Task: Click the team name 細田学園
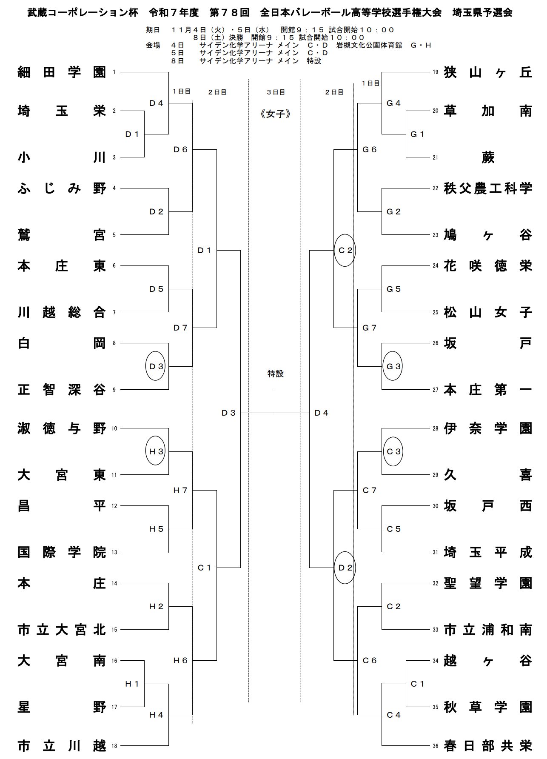(x=62, y=72)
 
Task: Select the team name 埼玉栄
(x=62, y=111)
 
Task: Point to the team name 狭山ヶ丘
(x=488, y=72)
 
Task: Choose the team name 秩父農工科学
(x=488, y=188)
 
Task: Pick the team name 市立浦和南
(x=488, y=630)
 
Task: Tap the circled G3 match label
(x=393, y=366)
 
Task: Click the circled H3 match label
(x=156, y=451)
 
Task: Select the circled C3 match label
(x=393, y=451)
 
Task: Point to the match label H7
(x=180, y=490)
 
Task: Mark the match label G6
(x=369, y=149)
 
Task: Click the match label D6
(x=180, y=149)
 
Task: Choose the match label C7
(x=369, y=490)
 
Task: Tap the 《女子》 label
(x=275, y=114)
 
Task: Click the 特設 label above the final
(x=275, y=374)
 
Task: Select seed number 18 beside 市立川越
(x=114, y=746)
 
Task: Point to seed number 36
(x=435, y=746)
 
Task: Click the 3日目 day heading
(x=276, y=92)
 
